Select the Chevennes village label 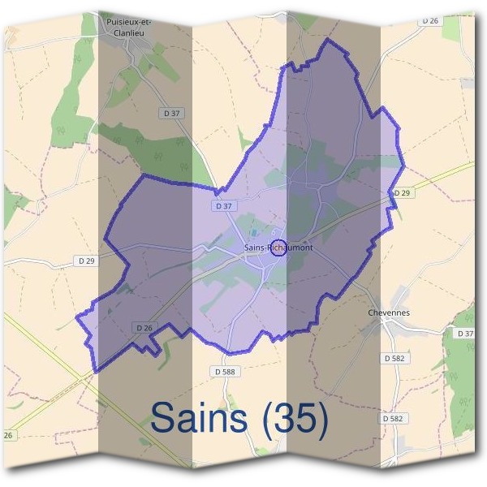[x=389, y=312]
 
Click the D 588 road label [x=230, y=370]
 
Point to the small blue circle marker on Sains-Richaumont [x=278, y=248]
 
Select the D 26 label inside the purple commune [x=144, y=327]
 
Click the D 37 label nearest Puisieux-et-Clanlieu [x=172, y=114]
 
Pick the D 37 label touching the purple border [x=224, y=206]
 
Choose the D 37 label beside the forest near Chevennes [x=465, y=334]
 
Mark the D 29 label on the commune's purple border [x=402, y=193]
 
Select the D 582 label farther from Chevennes [x=393, y=418]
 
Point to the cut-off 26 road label [x=8, y=436]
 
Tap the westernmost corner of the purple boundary [x=77, y=317]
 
